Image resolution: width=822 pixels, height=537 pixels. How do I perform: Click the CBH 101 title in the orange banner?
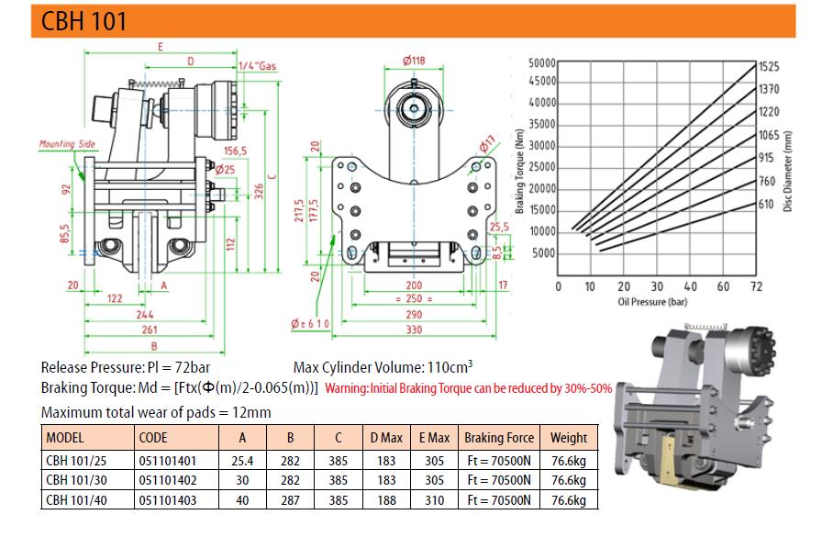pyautogui.click(x=83, y=21)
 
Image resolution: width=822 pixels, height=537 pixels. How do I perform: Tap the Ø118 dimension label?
pyautogui.click(x=414, y=61)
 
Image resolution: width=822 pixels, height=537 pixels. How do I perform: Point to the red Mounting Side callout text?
pyautogui.click(x=67, y=144)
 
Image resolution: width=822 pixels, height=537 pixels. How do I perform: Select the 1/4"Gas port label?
pyautogui.click(x=257, y=66)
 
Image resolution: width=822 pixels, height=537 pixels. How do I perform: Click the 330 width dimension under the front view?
pyautogui.click(x=414, y=330)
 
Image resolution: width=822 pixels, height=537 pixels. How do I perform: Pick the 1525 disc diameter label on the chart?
pyautogui.click(x=769, y=67)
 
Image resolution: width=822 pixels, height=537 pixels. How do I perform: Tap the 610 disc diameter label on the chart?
pyautogui.click(x=766, y=204)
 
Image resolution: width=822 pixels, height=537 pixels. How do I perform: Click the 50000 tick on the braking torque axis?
pyautogui.click(x=542, y=63)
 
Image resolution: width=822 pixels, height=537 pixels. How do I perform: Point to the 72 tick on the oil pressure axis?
pyautogui.click(x=756, y=286)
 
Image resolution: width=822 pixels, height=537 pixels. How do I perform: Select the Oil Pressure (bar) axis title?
pyautogui.click(x=652, y=301)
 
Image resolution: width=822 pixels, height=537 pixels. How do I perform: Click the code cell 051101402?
pyautogui.click(x=168, y=480)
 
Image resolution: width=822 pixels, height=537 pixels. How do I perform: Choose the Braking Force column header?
pyautogui.click(x=499, y=438)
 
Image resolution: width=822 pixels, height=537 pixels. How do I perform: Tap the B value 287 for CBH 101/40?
pyautogui.click(x=290, y=500)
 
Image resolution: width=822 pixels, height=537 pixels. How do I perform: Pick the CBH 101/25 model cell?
pyautogui.click(x=76, y=461)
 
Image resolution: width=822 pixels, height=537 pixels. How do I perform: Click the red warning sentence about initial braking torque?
pyautogui.click(x=468, y=388)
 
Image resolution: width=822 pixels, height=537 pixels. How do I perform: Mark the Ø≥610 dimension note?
pyautogui.click(x=310, y=323)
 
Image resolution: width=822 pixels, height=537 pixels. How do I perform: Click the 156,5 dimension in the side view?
pyautogui.click(x=236, y=151)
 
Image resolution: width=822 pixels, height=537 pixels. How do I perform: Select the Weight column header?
pyautogui.click(x=569, y=438)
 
